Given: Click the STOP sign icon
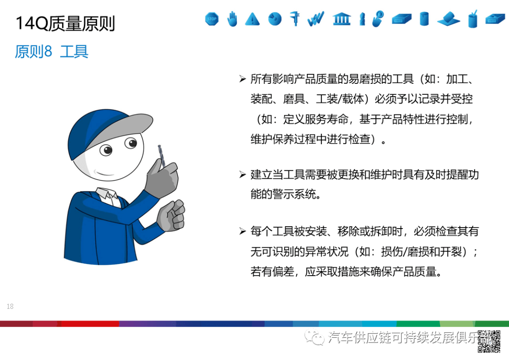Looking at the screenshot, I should (212, 19).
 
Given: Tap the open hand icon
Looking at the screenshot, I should (232, 19).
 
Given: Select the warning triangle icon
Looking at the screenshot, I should (253, 19).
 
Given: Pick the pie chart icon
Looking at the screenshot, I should (275, 19).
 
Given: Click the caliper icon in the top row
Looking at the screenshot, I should (296, 18).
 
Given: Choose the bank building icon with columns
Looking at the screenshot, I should (341, 19).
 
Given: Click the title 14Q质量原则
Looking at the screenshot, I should (66, 23).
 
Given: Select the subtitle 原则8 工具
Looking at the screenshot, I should (51, 51).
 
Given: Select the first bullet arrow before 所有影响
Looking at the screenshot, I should (242, 79).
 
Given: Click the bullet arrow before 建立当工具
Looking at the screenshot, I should (242, 175).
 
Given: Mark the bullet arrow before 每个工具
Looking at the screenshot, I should (242, 231).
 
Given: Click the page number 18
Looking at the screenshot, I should (10, 307).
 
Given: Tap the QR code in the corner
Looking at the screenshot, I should (489, 341).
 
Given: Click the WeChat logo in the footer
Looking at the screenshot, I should (313, 337).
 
